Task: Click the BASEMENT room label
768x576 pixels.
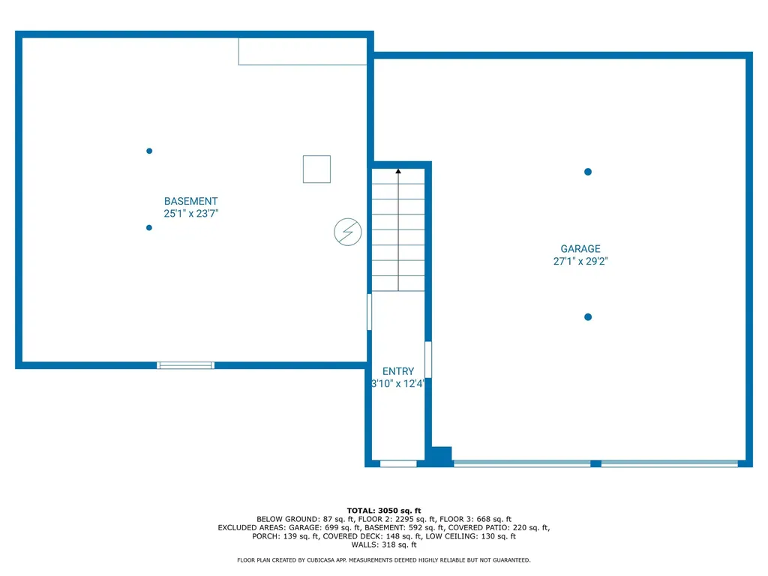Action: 190,201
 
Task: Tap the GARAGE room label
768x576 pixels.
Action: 580,249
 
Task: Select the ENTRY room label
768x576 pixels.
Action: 397,371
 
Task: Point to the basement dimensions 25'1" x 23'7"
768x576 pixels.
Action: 190,214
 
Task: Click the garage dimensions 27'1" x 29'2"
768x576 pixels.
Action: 580,262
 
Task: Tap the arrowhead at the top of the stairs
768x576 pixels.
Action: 398,172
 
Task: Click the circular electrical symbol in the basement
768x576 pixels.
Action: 347,232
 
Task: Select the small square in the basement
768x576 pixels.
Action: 316,169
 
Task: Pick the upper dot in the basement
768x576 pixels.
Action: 149,151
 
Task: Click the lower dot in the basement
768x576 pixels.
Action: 149,228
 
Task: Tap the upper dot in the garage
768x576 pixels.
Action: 588,172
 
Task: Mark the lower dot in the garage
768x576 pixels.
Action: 588,317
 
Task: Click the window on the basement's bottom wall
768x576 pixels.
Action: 185,365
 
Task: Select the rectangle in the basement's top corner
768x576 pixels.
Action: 302,51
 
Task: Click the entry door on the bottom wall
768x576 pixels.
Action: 398,463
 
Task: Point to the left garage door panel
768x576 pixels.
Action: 522,463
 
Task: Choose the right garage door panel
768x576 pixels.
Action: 669,463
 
